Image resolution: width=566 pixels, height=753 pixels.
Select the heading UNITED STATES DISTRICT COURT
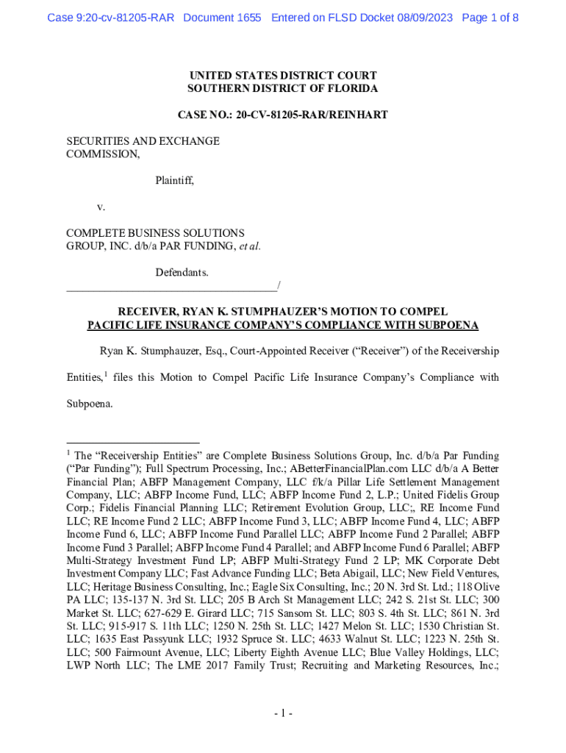(283, 76)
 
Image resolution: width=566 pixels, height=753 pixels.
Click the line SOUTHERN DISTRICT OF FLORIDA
(283, 89)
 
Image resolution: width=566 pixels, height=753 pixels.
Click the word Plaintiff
(174, 179)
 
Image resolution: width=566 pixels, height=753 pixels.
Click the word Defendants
(182, 273)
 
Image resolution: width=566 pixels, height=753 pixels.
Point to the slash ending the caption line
(279, 285)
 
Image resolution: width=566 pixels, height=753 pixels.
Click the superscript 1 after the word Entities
(105, 375)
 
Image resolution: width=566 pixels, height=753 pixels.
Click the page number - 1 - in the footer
(283, 713)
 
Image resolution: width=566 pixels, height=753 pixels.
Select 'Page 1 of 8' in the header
(490, 17)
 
